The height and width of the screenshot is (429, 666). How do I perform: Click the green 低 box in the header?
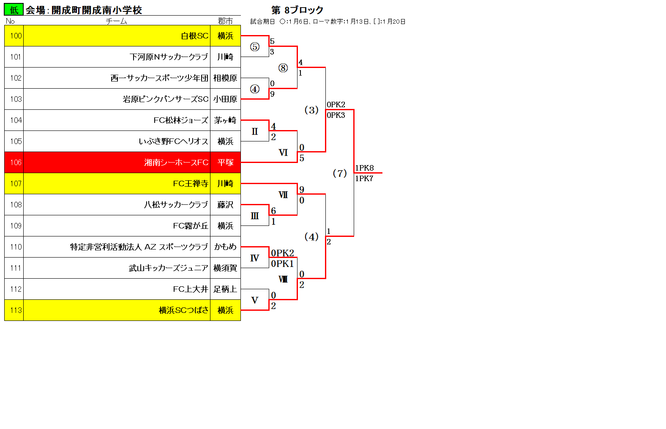[x=14, y=10]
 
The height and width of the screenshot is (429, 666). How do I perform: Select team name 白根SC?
[x=195, y=36]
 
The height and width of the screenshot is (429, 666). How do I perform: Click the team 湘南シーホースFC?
[x=176, y=163]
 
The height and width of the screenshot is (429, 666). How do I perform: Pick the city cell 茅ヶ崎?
[x=225, y=120]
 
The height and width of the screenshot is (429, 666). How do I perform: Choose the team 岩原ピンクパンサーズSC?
[x=166, y=99]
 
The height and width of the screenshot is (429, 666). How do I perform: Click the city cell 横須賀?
[x=225, y=268]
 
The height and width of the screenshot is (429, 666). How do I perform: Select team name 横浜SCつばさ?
[x=184, y=310]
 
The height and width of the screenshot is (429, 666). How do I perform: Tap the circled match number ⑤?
[x=255, y=46]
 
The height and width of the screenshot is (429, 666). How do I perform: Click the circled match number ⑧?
[x=283, y=68]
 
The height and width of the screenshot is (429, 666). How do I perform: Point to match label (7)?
[x=340, y=173]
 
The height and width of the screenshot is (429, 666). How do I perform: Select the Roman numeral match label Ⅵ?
[x=283, y=153]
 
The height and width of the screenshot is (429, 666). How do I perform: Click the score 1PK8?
[x=365, y=168]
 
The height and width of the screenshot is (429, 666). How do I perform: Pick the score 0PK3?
[x=336, y=115]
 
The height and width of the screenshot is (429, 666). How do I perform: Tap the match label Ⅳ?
[x=254, y=258]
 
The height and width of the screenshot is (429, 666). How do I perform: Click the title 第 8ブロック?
[x=298, y=10]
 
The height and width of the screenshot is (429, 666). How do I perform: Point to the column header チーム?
[x=117, y=21]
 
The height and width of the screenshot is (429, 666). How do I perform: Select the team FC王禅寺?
[x=191, y=184]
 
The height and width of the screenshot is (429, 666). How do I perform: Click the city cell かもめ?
[x=225, y=247]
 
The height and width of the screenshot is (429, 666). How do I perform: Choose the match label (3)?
[x=311, y=110]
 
